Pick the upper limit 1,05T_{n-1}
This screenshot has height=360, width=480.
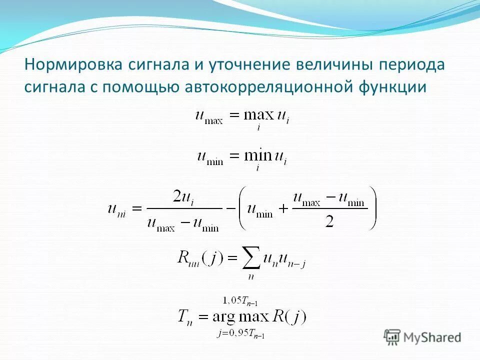click(241, 301)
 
